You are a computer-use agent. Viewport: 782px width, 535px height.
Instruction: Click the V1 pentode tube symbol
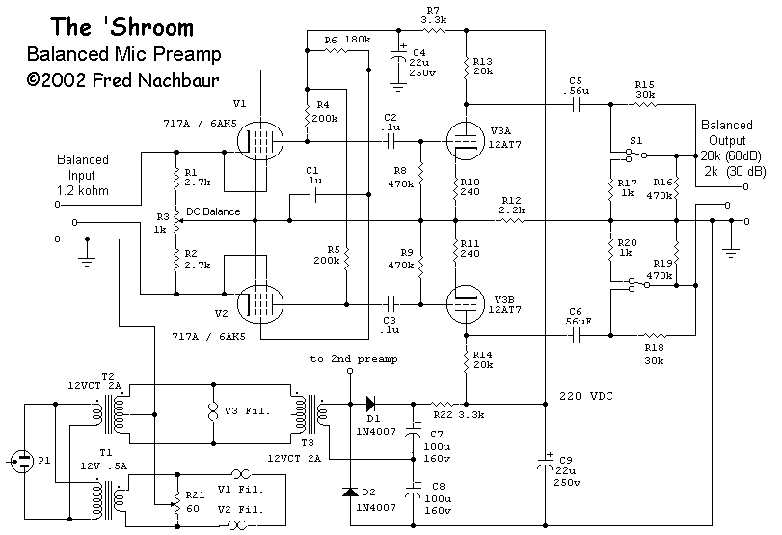point(259,141)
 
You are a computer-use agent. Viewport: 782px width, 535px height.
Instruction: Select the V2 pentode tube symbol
point(259,304)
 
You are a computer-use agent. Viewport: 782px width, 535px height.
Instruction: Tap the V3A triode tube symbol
point(466,141)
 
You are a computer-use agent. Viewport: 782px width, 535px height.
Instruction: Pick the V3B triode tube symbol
point(466,304)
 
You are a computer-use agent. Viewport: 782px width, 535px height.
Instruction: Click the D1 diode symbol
point(371,403)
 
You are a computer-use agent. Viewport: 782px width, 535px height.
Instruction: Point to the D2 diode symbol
point(350,493)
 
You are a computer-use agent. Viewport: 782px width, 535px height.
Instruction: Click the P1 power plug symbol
point(22,462)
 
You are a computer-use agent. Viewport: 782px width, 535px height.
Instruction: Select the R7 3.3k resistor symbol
point(433,31)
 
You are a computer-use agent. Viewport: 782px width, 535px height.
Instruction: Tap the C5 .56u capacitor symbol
point(576,105)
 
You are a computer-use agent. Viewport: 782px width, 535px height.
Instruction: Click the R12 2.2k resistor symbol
point(511,220)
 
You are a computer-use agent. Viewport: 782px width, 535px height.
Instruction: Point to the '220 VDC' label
point(586,396)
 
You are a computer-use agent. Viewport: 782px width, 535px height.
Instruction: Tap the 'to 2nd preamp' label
point(354,359)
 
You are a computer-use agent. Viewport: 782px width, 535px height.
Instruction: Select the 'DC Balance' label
point(213,211)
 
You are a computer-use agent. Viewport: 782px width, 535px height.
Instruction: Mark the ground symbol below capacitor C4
point(398,88)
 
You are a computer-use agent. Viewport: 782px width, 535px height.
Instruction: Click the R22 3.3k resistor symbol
point(443,403)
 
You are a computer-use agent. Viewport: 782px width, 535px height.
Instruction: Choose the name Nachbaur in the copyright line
point(178,80)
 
